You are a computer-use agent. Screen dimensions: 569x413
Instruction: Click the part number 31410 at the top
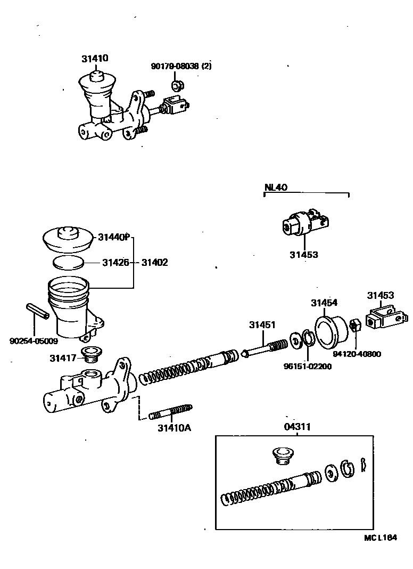95,59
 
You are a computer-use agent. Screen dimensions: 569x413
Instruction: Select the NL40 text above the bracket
276,187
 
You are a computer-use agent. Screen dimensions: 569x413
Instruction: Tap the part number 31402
155,262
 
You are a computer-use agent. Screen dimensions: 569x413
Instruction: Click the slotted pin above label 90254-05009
38,312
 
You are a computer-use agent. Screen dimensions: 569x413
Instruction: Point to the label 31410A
174,427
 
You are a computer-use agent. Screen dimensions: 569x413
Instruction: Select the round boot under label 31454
331,331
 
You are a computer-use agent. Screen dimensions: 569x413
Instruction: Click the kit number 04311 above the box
296,426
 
